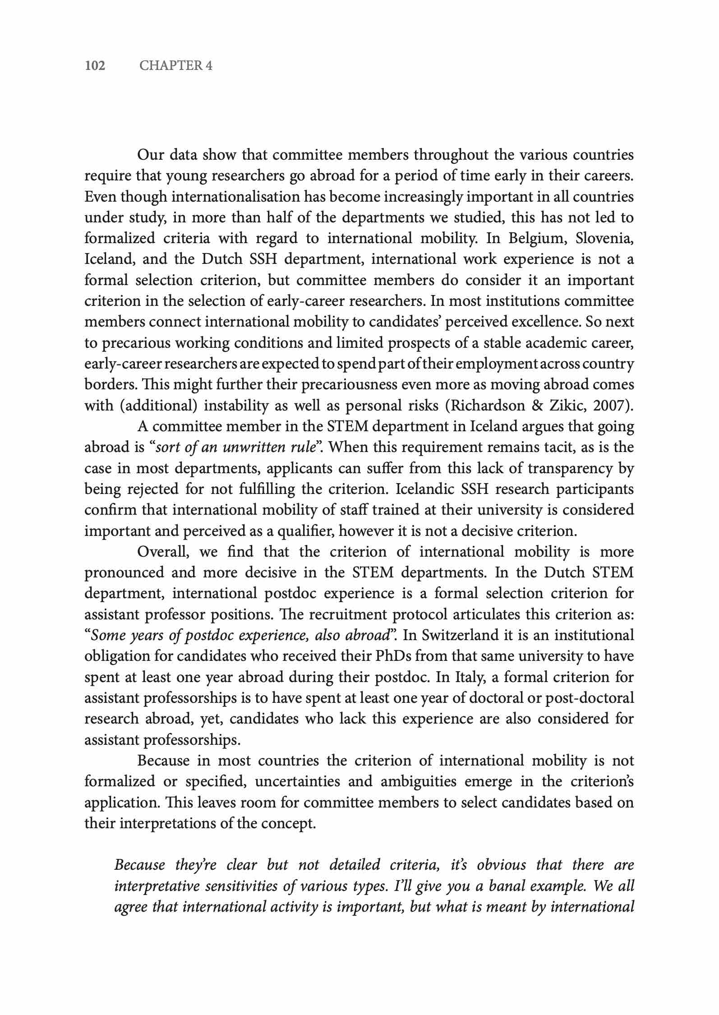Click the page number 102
point(95,66)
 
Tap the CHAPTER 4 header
point(176,66)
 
